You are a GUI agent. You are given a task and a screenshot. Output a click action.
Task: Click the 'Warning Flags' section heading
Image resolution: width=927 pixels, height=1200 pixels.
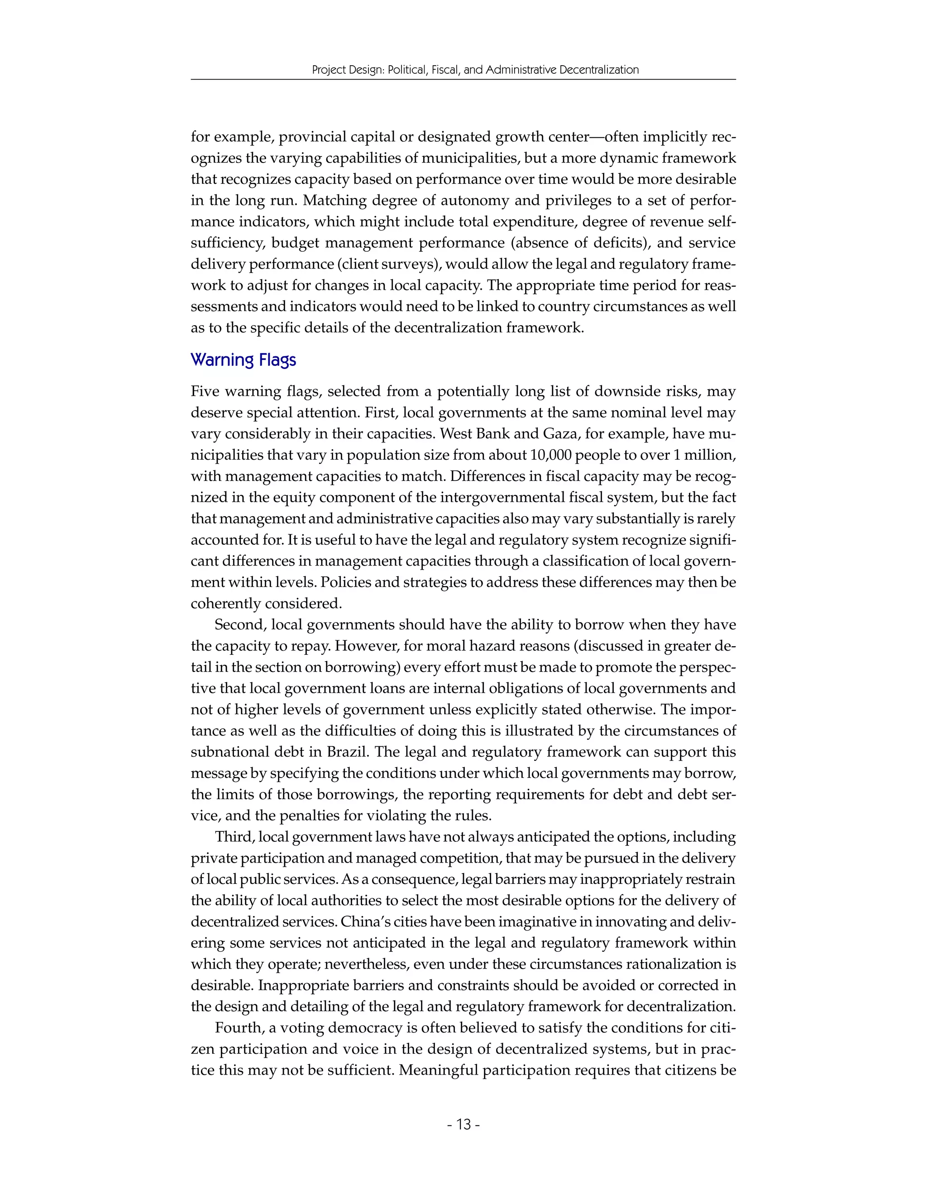(243, 360)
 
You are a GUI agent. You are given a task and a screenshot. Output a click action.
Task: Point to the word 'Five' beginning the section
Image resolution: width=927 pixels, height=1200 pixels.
(205, 391)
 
